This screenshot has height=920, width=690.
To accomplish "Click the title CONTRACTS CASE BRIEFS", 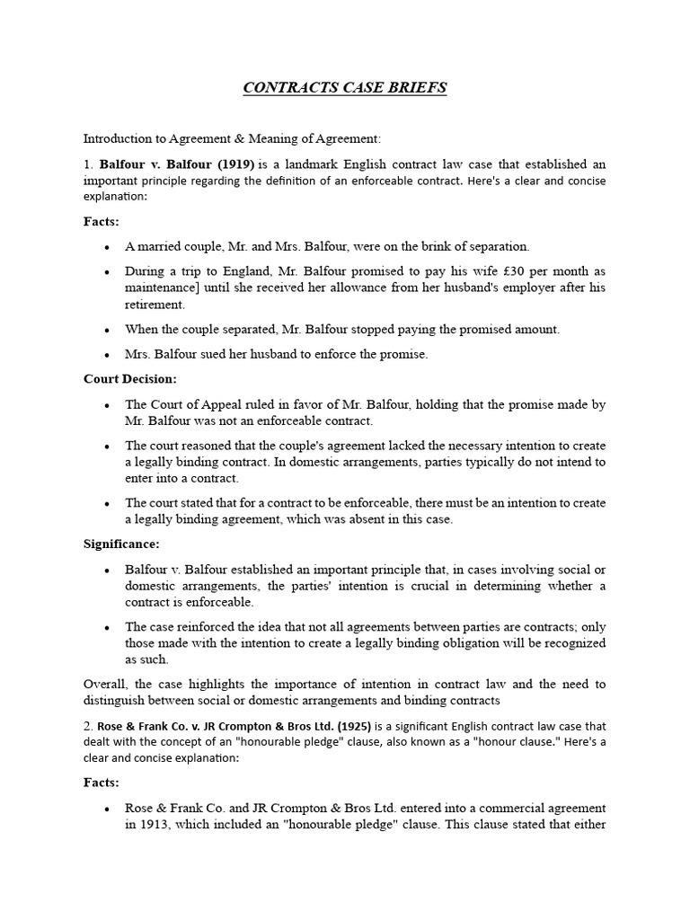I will point(345,88).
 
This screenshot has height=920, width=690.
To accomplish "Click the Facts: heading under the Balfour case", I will point(102,221).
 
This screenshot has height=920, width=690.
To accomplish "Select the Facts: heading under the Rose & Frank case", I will point(102,783).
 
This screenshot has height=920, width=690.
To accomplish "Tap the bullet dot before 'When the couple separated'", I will point(108,330).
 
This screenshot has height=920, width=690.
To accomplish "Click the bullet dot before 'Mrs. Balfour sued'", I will point(108,355).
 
